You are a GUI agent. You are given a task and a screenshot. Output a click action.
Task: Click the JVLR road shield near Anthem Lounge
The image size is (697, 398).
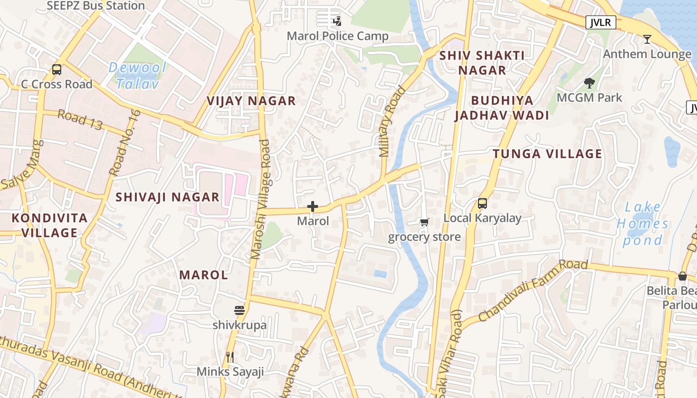point(601,22)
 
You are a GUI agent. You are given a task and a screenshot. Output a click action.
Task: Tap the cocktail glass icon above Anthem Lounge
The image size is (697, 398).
point(647,39)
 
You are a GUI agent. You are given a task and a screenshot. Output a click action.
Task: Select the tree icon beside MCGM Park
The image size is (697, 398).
point(589,83)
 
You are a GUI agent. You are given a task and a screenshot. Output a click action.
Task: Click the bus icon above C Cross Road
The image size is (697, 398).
point(57,70)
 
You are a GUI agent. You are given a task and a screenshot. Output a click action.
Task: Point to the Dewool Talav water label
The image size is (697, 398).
point(137,76)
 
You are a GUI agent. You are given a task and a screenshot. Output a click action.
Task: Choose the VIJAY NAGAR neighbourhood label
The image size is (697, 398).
point(251,101)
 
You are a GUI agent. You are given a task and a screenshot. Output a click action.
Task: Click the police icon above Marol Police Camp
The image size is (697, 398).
point(338,21)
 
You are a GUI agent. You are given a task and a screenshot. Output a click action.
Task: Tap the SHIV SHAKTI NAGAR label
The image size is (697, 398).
point(482,63)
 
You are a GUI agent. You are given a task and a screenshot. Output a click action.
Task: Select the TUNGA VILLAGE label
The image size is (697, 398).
point(548,154)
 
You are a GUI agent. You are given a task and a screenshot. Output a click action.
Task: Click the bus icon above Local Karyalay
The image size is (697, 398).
point(482,203)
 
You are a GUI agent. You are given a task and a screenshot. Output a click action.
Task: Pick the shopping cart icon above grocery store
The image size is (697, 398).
point(424,222)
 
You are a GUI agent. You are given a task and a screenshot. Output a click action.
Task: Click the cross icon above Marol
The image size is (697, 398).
point(313,206)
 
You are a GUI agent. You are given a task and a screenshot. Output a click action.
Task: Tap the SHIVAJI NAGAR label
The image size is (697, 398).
point(167,197)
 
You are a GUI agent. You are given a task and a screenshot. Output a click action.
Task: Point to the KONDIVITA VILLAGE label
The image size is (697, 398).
point(50,225)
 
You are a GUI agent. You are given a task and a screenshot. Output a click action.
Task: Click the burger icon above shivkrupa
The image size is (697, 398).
point(239,310)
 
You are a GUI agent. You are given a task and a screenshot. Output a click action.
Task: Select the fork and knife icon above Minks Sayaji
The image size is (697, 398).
point(230,357)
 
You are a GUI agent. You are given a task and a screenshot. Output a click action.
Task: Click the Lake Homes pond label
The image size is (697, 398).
point(643,224)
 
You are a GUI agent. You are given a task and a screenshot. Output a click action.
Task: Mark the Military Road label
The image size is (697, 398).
point(392,122)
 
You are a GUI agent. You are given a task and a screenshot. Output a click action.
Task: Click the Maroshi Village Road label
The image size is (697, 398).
point(261,199)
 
